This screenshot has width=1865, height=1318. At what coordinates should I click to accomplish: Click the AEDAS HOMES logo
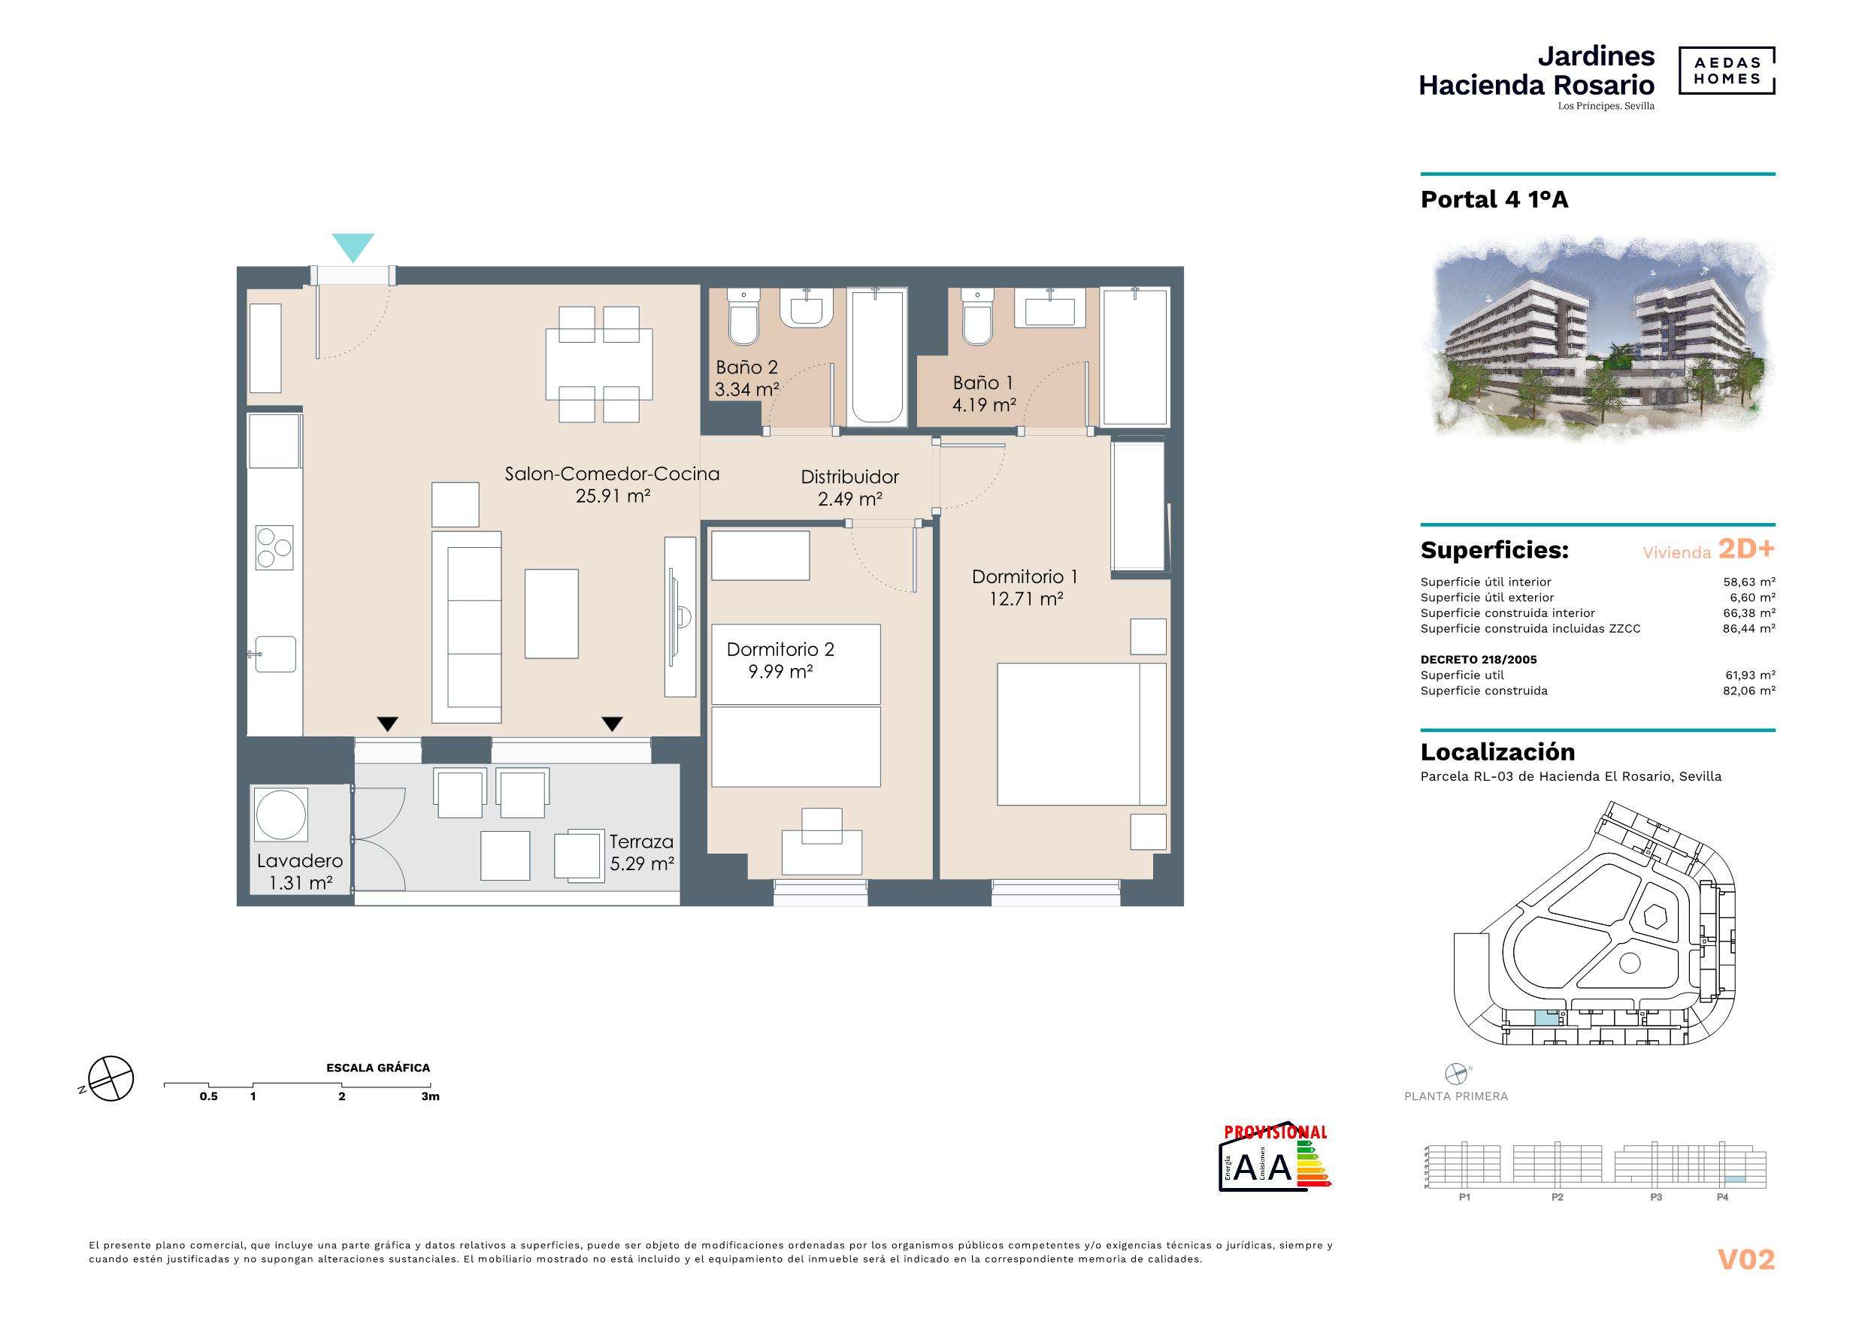(1726, 71)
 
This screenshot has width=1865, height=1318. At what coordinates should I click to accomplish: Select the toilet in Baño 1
(976, 316)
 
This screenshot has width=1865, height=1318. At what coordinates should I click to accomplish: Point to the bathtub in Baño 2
(877, 356)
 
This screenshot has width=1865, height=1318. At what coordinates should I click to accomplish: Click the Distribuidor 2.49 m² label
(849, 488)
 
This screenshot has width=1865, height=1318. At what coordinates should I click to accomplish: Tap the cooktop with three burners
(274, 547)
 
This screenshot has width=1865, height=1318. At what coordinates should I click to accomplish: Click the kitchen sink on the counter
(275, 654)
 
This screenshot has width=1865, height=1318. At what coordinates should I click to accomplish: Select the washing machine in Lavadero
(281, 813)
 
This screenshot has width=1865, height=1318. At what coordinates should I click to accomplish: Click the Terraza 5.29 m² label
(642, 853)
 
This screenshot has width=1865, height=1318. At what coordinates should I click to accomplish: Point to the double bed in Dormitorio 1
(1082, 734)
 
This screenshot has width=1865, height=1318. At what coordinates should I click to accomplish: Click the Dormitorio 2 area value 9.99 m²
(780, 672)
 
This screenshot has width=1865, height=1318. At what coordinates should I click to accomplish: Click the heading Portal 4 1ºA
(1494, 200)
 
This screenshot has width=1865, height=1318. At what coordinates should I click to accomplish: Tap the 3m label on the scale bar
(431, 1096)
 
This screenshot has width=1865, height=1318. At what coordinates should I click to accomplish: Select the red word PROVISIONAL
(1276, 1132)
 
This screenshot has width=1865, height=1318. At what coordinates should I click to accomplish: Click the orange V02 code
(1746, 1259)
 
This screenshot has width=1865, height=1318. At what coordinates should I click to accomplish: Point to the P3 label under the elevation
(1656, 1198)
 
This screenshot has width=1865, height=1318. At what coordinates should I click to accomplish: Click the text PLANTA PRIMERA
(1456, 1096)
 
